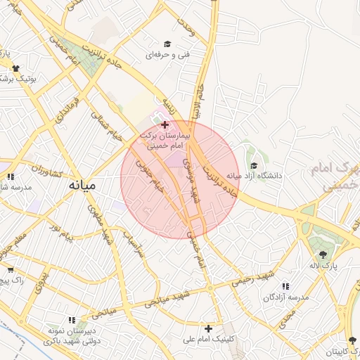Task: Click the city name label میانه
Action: [x=82, y=186]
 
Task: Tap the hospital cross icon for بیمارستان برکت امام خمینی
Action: [x=165, y=124]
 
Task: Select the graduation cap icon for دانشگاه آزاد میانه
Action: [x=253, y=165]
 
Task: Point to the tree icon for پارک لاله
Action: [x=323, y=255]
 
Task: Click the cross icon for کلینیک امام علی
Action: [x=208, y=328]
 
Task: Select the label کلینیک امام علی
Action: [x=209, y=339]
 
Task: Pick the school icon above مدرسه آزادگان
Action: [x=285, y=287]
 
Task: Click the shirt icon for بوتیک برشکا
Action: [x=15, y=68]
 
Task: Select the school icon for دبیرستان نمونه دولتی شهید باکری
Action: [x=71, y=320]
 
